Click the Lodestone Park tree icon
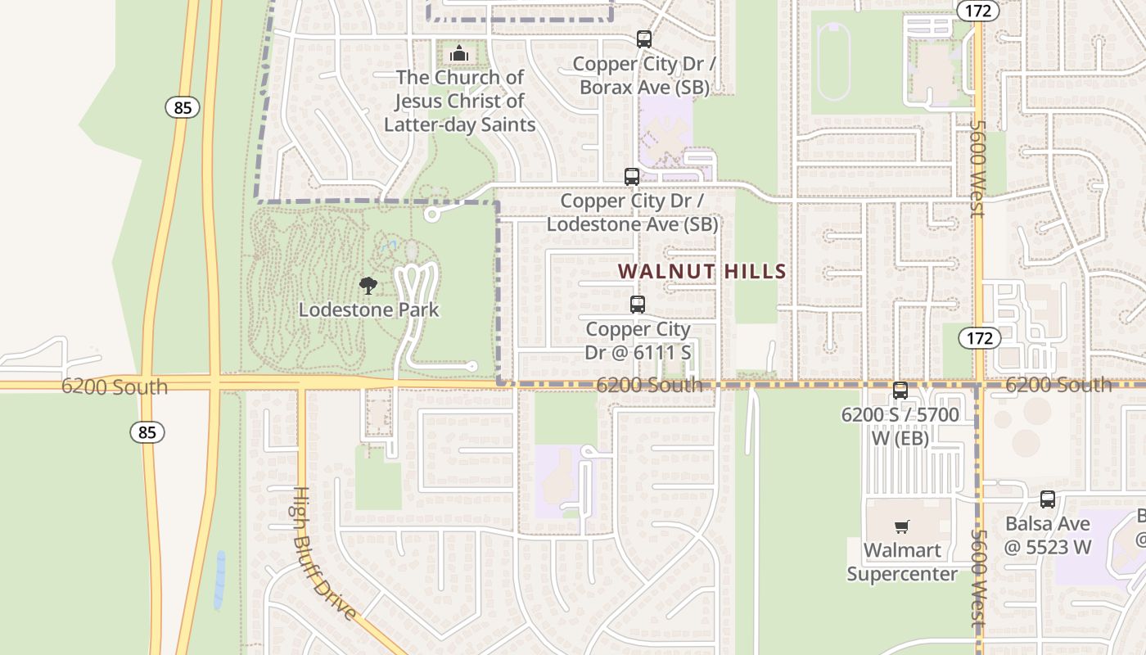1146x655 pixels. tap(368, 286)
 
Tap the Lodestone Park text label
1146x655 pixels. tap(368, 310)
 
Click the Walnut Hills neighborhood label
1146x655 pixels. tap(702, 271)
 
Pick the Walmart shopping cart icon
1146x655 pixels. tap(901, 526)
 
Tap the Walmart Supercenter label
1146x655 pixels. tap(901, 562)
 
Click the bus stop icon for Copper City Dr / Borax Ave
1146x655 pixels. tap(644, 38)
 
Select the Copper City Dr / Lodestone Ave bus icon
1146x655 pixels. tap(632, 176)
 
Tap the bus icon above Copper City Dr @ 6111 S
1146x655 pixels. tap(638, 305)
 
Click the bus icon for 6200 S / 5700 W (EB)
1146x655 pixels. tap(900, 391)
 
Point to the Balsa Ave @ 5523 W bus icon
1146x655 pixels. tap(1048, 499)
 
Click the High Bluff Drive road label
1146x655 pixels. tap(324, 553)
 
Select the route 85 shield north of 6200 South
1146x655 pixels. tap(183, 107)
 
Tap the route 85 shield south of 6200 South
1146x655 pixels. tap(147, 432)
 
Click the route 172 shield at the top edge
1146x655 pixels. tap(978, 10)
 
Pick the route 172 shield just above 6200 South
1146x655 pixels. tap(979, 338)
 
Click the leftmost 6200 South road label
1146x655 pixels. tap(114, 386)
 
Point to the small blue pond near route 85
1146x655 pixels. tap(219, 580)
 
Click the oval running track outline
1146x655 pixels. tap(833, 61)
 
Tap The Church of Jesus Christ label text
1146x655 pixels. tap(459, 101)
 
